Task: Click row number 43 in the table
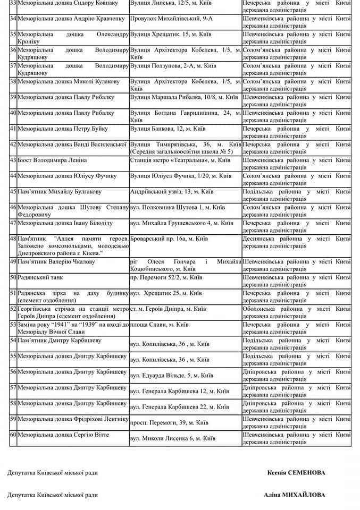pyautogui.click(x=13, y=160)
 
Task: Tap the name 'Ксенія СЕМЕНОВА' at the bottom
pyautogui.click(x=296, y=472)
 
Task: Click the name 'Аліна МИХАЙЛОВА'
pyautogui.click(x=295, y=495)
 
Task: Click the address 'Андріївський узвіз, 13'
pyautogui.click(x=172, y=192)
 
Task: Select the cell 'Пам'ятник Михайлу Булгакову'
pyautogui.click(x=59, y=192)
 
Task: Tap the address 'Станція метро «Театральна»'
pyautogui.click(x=180, y=160)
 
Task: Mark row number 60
pyautogui.click(x=13, y=435)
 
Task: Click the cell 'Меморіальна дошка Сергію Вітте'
pyautogui.click(x=63, y=435)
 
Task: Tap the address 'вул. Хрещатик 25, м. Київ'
pyautogui.click(x=170, y=293)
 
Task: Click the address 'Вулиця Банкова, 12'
pyautogui.click(x=168, y=129)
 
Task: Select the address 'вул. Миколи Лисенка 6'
pyautogui.click(x=173, y=438)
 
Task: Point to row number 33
pyautogui.click(x=13, y=3)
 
